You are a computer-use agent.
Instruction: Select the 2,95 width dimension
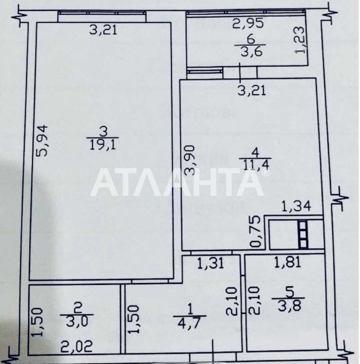248,23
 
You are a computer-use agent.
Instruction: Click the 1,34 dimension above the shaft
295,207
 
